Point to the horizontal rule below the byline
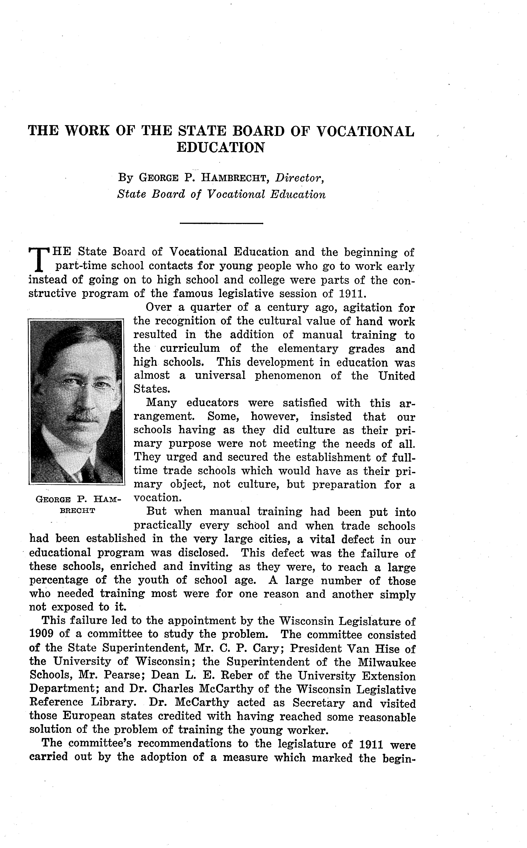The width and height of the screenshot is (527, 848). click(x=221, y=223)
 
